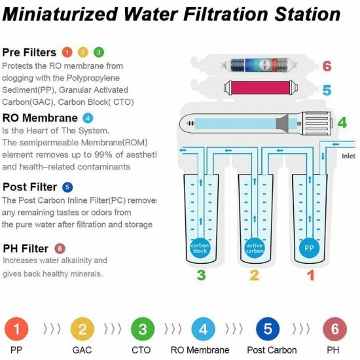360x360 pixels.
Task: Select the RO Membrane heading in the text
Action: [x=39, y=118]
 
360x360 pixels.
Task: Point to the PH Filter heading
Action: [x=26, y=248]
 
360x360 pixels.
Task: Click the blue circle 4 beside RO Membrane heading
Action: [x=88, y=118]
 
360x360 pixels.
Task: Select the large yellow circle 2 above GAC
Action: [x=82, y=327]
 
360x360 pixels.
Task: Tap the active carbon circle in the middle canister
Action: [x=255, y=249]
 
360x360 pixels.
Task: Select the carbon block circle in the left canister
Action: [x=201, y=249]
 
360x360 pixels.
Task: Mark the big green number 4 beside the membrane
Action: [x=341, y=122]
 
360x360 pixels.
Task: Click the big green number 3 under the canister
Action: [x=202, y=276]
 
